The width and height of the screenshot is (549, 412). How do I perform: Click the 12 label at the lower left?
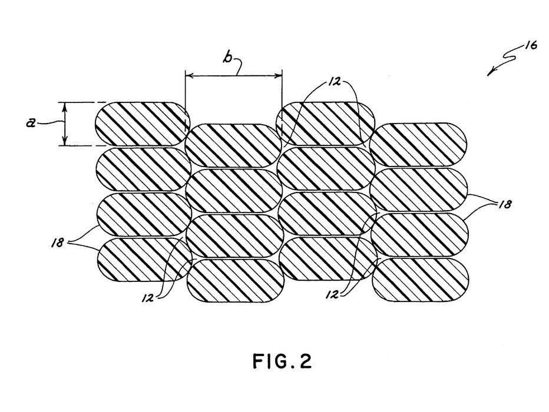click(x=147, y=298)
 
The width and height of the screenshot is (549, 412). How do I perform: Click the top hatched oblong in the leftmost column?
click(x=141, y=124)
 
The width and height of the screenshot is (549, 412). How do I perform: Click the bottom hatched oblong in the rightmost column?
click(x=421, y=280)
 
